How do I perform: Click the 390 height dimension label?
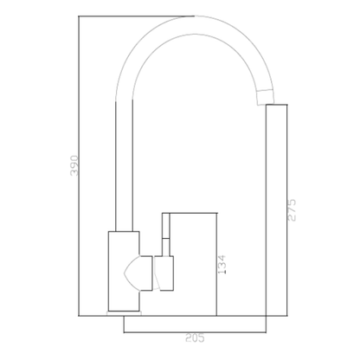pos(74,165)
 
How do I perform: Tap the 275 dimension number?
pos(292,210)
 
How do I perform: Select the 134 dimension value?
pos(222,265)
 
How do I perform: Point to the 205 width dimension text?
pos(195,337)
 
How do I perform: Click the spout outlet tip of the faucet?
pos(266,97)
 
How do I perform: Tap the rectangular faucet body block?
pos(124,271)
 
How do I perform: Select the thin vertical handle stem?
pos(166,235)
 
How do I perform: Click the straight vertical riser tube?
pos(124,166)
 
